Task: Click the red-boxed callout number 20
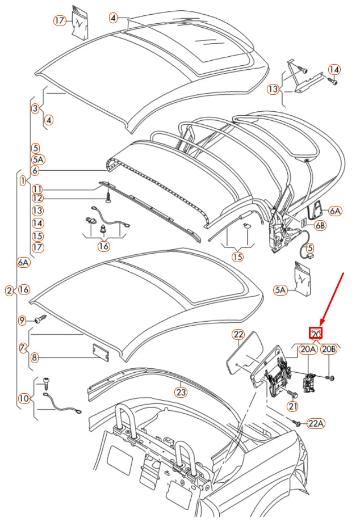316,334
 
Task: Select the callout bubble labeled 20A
308,350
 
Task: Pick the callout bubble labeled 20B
329,350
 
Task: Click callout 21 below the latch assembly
292,406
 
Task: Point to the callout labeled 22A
316,423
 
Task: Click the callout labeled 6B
321,225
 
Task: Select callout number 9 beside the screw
23,321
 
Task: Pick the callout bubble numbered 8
34,357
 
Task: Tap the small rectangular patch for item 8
100,351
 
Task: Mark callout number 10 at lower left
23,399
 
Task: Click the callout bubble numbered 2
9,291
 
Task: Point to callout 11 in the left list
37,189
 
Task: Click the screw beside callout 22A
296,422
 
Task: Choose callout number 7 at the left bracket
23,347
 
